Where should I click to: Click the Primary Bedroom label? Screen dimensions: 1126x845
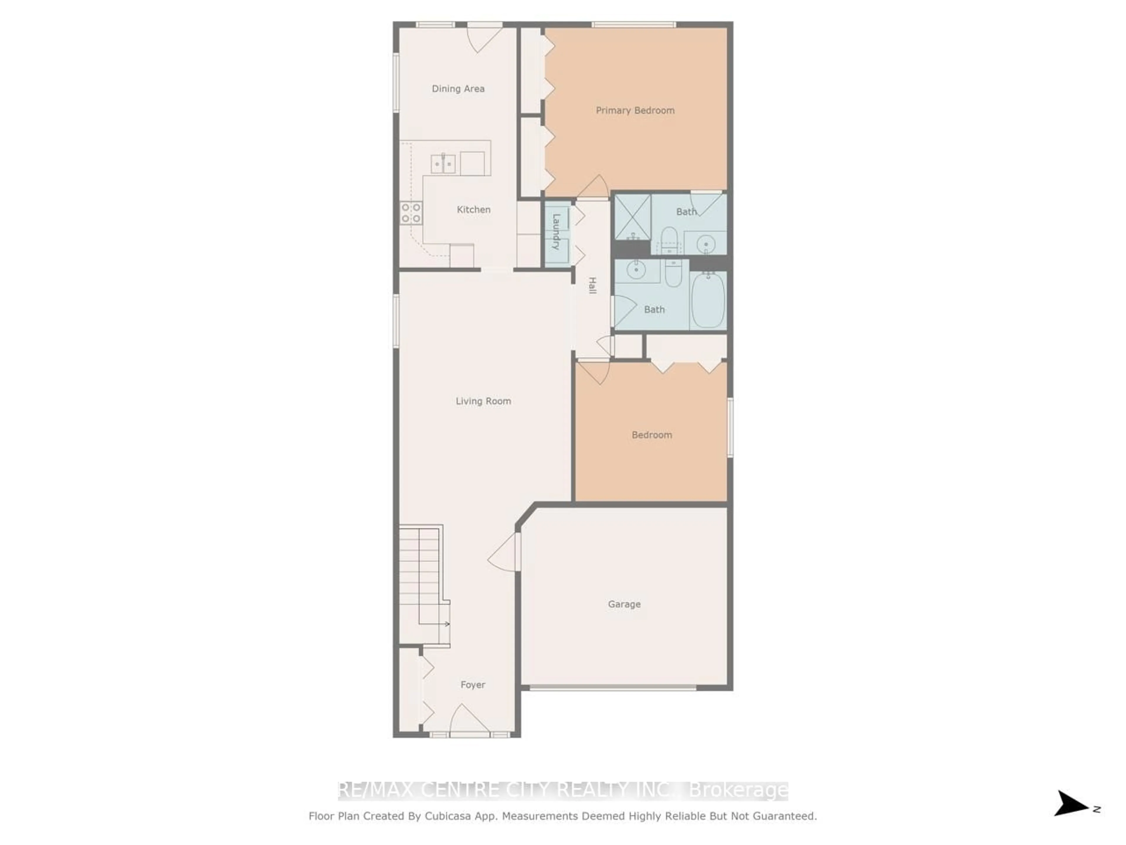[x=635, y=111]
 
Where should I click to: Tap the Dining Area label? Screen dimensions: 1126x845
[x=458, y=89]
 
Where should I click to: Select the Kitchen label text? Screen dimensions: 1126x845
[x=473, y=209]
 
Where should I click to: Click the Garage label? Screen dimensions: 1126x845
[x=624, y=604]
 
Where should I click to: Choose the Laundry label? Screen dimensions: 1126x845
[x=556, y=232]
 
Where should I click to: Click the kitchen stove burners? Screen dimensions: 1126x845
[x=411, y=213]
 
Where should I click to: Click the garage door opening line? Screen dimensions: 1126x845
[x=613, y=688]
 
